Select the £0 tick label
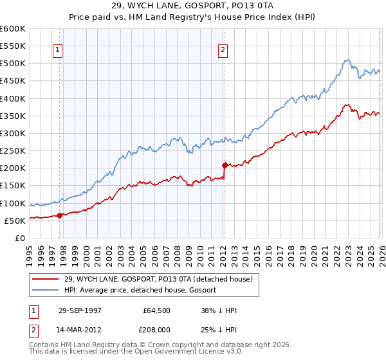click(20, 238)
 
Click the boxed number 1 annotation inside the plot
click(58, 51)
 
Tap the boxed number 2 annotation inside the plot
click(223, 51)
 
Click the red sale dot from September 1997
click(60, 215)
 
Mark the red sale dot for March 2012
click(225, 165)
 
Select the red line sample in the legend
click(46, 279)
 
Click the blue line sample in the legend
click(46, 290)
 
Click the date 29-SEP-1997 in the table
click(80, 310)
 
